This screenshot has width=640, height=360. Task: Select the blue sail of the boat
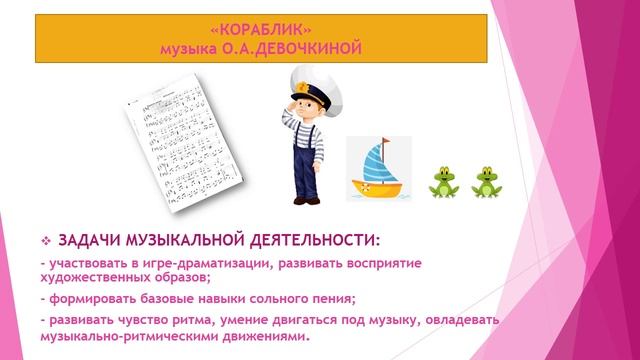(376, 161)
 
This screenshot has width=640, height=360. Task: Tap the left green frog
(443, 183)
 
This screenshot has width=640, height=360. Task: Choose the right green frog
(487, 183)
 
